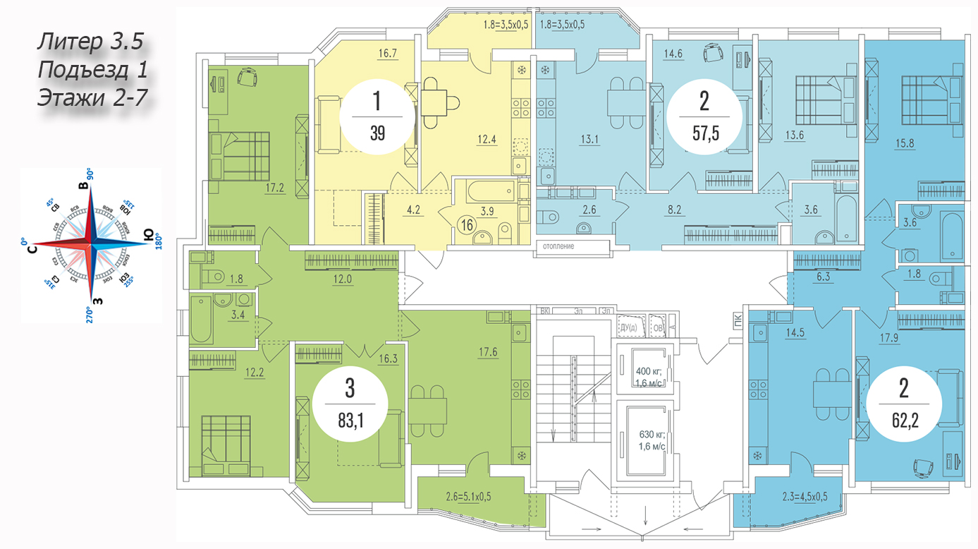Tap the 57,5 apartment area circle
[x=704, y=116]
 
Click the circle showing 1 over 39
[x=377, y=116]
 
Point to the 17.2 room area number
[x=276, y=189]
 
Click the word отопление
[x=558, y=246]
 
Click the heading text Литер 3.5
[x=90, y=42]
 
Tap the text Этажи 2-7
[x=92, y=97]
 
